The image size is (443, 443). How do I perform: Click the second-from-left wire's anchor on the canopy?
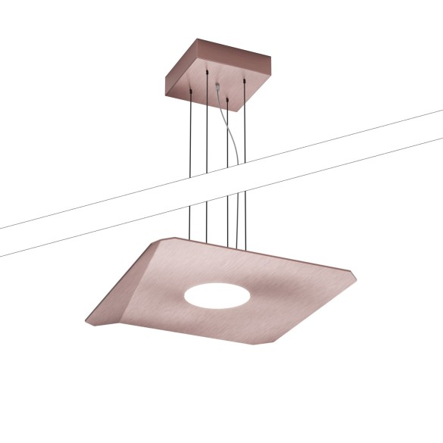pos(206,70)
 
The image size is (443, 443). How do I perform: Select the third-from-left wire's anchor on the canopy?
pos(228,97)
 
